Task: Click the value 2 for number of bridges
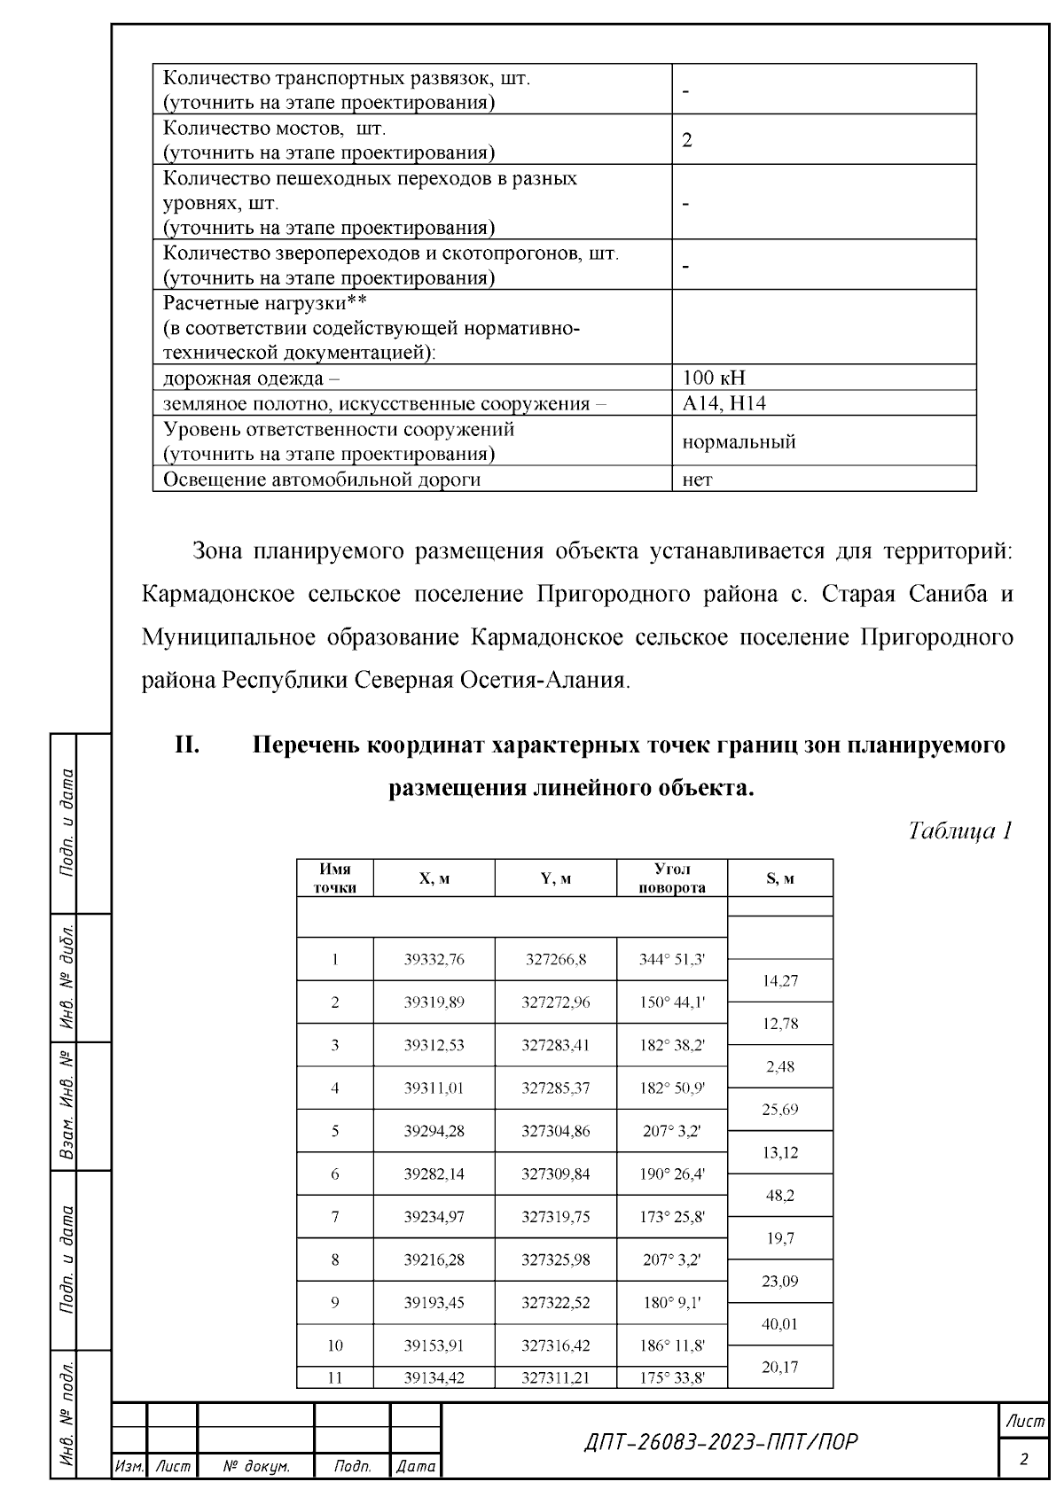687,140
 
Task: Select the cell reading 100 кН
715,378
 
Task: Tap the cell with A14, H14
724,403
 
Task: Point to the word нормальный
739,441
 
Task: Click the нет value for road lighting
698,480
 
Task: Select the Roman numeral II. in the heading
187,745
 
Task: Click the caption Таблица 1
960,830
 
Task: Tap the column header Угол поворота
672,878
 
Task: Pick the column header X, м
434,878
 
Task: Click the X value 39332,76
434,959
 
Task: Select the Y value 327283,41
556,1045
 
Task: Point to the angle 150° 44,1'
672,1002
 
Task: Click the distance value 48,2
780,1196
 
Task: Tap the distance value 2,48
780,1066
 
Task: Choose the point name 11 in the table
335,1377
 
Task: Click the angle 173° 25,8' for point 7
672,1217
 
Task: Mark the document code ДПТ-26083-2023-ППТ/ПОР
721,1442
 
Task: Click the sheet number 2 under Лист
1024,1459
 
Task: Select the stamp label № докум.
256,1467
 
